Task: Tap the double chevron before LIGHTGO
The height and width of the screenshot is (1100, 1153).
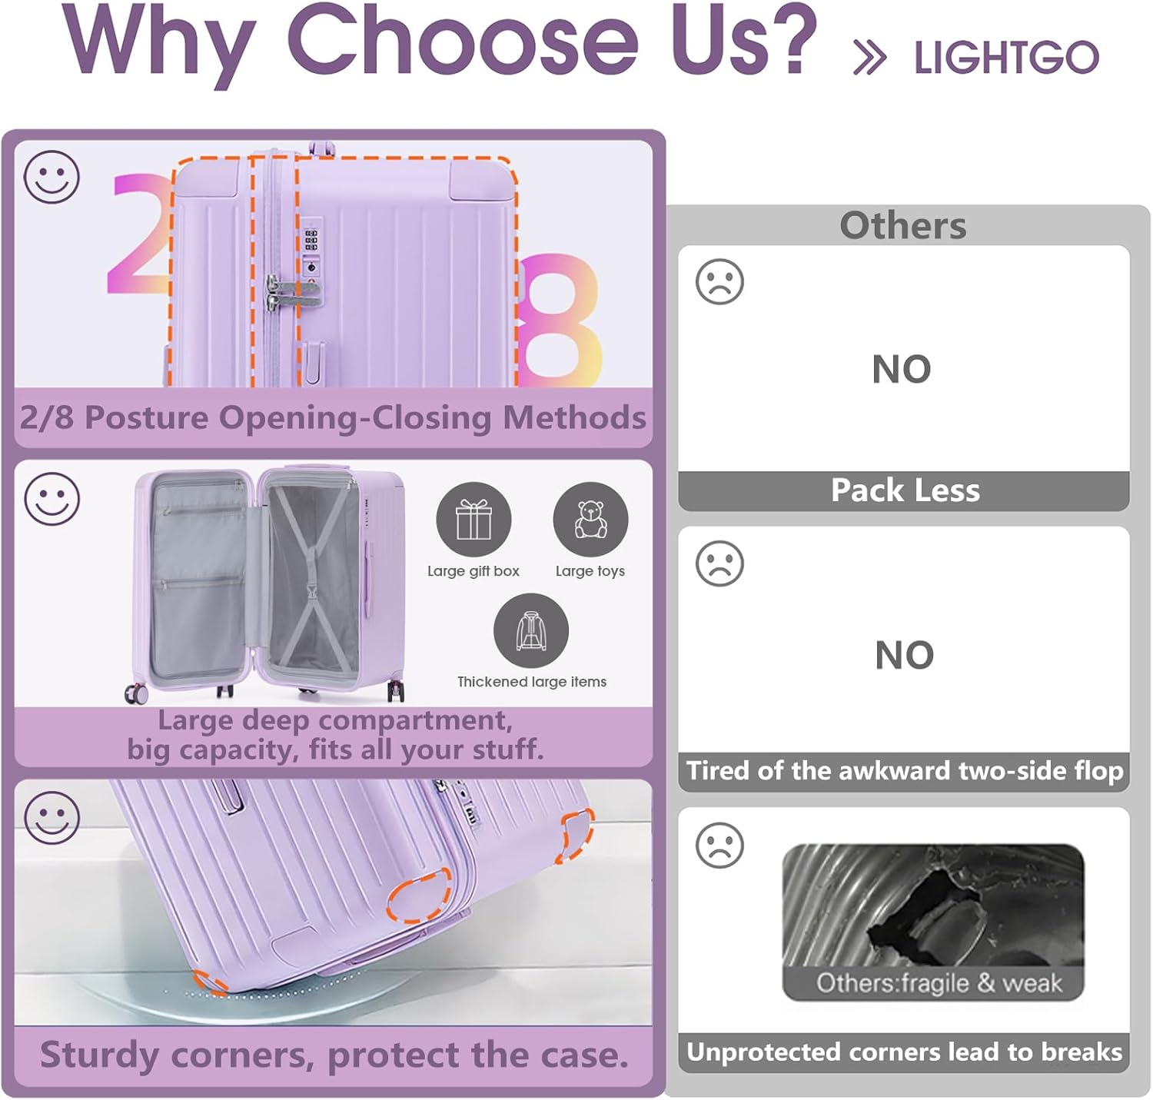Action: coord(869,58)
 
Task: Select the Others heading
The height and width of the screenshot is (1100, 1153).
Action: coord(902,225)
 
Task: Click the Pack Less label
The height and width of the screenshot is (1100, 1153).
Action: coord(905,490)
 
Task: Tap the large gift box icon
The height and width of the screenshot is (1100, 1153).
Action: coord(473,519)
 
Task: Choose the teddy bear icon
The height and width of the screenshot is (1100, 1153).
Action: coord(590,519)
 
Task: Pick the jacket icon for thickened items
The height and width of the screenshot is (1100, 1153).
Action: coord(530,630)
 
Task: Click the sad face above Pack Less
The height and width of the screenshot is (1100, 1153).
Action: coord(719,281)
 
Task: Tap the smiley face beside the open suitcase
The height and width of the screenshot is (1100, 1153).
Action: coord(52,499)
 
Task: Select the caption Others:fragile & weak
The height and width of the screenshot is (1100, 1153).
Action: coord(939,982)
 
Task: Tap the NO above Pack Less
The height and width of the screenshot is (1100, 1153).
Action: coord(902,369)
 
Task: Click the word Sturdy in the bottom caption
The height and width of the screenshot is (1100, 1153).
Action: coord(100,1055)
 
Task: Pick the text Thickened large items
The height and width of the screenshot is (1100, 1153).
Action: coord(531,682)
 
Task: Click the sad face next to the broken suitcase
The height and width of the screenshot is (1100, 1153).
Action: coord(719,845)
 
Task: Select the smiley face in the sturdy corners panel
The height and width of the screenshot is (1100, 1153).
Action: coord(52,818)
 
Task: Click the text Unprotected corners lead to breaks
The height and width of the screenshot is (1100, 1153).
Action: coord(904,1052)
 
